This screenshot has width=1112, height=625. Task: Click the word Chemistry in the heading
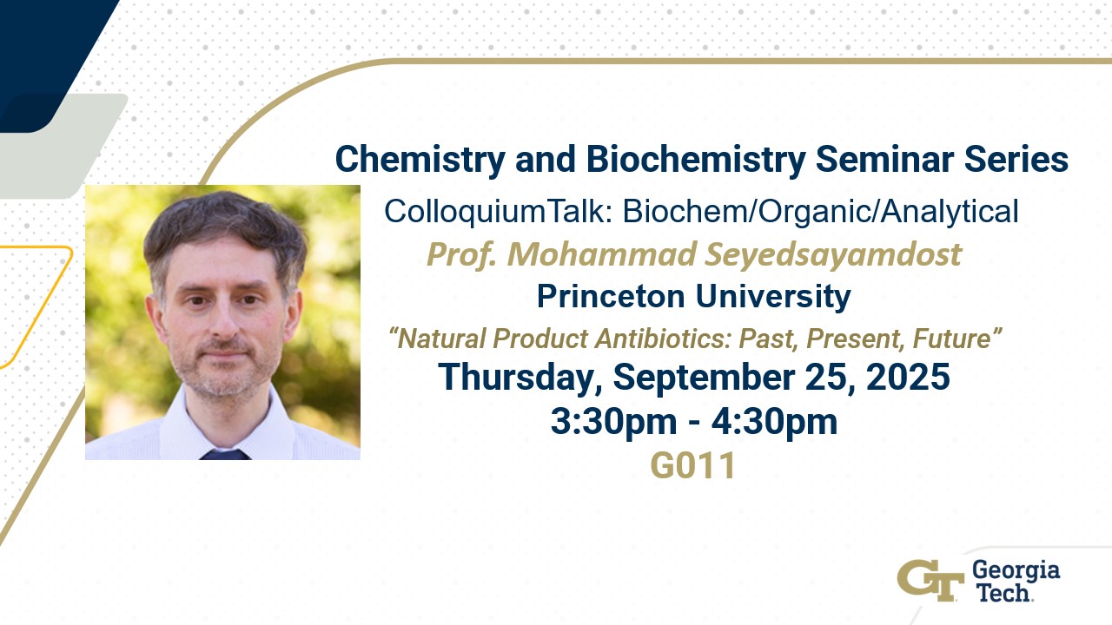(420, 160)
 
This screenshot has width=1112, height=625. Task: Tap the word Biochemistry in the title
(696, 160)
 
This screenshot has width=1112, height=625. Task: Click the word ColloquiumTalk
(499, 212)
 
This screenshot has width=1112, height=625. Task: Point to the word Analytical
(950, 212)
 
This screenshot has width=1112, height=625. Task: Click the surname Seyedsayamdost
(833, 255)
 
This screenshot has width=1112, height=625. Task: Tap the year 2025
(908, 377)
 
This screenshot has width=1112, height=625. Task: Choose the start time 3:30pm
(613, 423)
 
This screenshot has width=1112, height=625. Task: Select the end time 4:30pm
(774, 423)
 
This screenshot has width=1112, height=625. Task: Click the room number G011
(693, 466)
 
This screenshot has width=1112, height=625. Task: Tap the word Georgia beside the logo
(1016, 571)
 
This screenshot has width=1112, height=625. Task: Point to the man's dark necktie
(225, 454)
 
